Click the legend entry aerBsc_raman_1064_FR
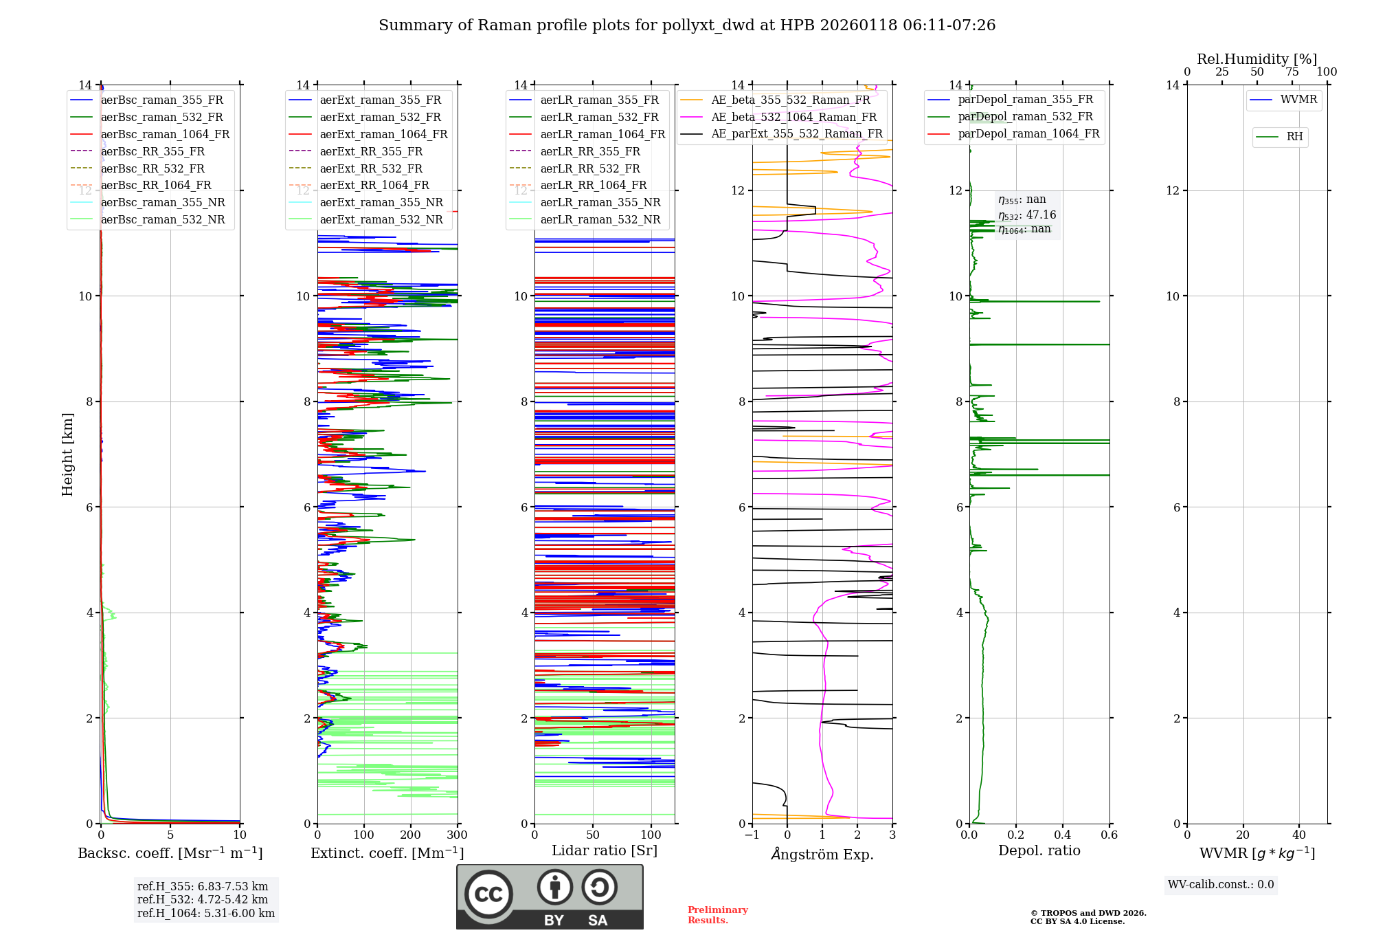pyautogui.click(x=150, y=134)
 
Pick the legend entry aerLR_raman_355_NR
pyautogui.click(x=585, y=202)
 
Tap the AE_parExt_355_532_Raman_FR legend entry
pyautogui.click(x=781, y=133)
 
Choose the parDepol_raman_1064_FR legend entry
pyautogui.click(x=1013, y=133)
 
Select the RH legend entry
pyautogui.click(x=1279, y=137)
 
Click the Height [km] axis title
pyautogui.click(x=67, y=454)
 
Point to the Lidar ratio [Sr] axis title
pyautogui.click(x=605, y=850)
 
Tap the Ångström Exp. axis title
pyautogui.click(x=822, y=854)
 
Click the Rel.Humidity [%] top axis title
pyautogui.click(x=1257, y=59)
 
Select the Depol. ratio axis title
pyautogui.click(x=1039, y=850)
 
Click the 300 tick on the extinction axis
pyautogui.click(x=457, y=835)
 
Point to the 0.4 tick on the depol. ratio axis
pyautogui.click(x=1062, y=835)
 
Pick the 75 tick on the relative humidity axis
pyautogui.click(x=1292, y=71)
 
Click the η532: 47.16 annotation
pyautogui.click(x=1027, y=215)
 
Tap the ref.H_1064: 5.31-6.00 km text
pyautogui.click(x=206, y=913)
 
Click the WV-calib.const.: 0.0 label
pyautogui.click(x=1221, y=885)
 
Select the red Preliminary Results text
pyautogui.click(x=718, y=915)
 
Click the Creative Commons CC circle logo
pyautogui.click(x=488, y=894)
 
